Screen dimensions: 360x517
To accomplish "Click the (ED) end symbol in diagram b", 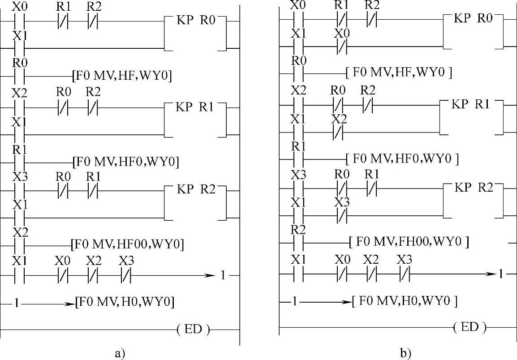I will tap(470, 327).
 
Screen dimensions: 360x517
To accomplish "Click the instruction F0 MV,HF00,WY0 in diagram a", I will tap(128, 244).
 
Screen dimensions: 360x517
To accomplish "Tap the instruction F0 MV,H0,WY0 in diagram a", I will tap(125, 303).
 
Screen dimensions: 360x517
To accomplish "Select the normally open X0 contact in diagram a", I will tap(19, 21).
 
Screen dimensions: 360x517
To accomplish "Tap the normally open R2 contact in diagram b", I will tap(298, 243).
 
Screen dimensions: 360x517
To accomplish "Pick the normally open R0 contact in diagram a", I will tap(19, 76).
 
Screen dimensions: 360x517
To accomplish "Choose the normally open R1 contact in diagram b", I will tap(298, 158).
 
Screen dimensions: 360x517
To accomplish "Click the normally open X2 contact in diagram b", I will tap(298, 105).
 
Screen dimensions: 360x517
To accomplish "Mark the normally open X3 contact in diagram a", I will tap(19, 190).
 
